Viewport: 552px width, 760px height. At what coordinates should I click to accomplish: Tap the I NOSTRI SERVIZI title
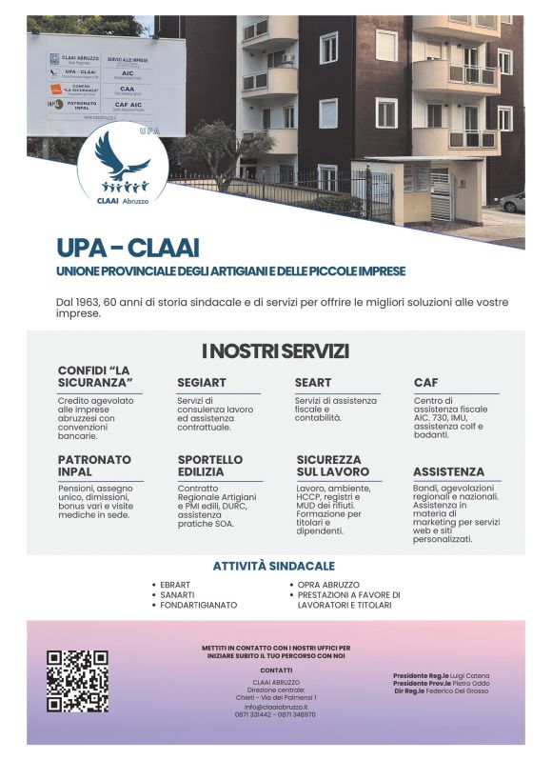point(275,350)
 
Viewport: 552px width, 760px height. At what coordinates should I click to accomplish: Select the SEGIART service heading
point(202,383)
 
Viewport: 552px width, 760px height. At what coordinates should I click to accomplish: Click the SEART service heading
point(313,383)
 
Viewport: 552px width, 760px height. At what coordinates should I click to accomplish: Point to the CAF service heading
point(425,383)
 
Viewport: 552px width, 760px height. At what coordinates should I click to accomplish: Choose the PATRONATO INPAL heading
point(94,465)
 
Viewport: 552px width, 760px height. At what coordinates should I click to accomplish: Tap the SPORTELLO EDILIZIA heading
point(209,465)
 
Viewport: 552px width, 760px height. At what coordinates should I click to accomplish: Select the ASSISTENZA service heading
point(448,471)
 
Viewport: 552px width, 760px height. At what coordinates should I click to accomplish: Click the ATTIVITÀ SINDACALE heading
point(273,566)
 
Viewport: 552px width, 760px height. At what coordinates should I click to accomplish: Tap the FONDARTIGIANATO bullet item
point(198,605)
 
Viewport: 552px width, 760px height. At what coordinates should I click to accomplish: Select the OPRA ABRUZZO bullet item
point(328,584)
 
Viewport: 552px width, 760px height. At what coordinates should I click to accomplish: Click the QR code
point(77,681)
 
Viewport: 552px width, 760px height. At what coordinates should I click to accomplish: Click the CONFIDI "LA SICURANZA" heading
point(94,375)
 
